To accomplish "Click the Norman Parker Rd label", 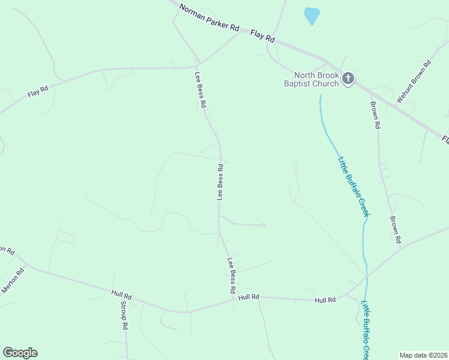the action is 209,19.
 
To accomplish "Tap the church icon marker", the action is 348,78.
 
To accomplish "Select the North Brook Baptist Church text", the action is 312,80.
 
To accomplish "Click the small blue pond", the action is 312,16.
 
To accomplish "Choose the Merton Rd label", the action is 13,280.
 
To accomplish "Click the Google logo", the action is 20,353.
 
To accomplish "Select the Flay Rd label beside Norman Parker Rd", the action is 262,36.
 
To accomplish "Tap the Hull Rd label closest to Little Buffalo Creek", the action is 324,299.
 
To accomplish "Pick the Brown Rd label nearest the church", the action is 375,116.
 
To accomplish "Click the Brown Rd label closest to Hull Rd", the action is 394,230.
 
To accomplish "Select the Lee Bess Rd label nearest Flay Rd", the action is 200,90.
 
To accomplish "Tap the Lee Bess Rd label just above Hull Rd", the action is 231,275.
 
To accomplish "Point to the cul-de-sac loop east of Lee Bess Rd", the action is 263,225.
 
